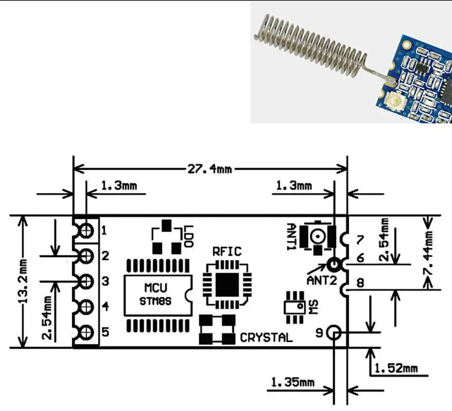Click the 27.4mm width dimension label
click(210, 169)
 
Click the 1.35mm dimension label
click(293, 383)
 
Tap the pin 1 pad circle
click(86, 230)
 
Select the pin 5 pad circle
click(86, 332)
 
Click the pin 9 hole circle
click(334, 333)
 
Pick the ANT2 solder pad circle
click(334, 264)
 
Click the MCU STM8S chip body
click(158, 295)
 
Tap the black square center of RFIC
click(227, 284)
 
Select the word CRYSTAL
click(266, 337)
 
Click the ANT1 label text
click(292, 237)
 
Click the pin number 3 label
click(105, 281)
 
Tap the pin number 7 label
click(360, 240)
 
